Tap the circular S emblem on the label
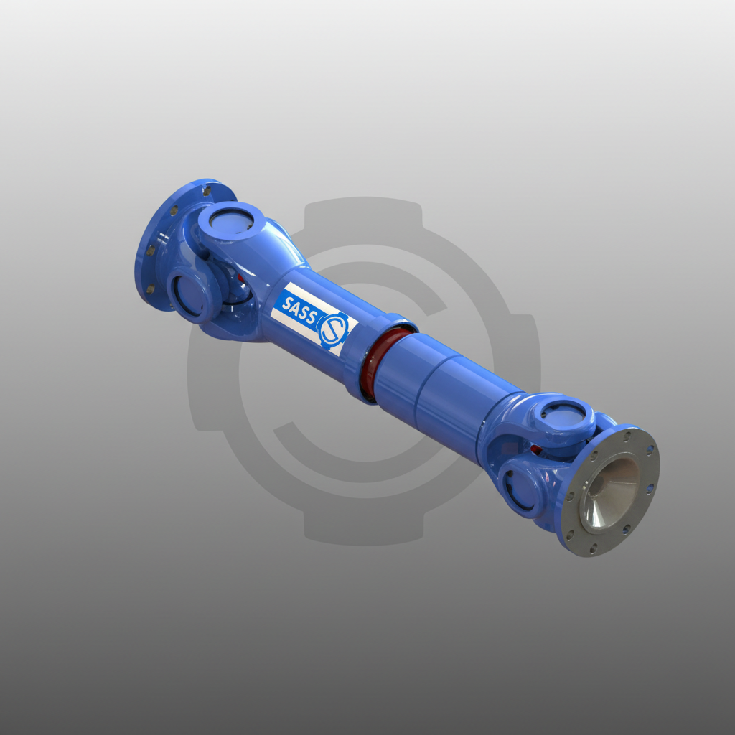[x=333, y=330]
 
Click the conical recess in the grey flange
[x=609, y=493]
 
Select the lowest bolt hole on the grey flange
[x=594, y=547]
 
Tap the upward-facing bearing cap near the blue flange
[x=231, y=220]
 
